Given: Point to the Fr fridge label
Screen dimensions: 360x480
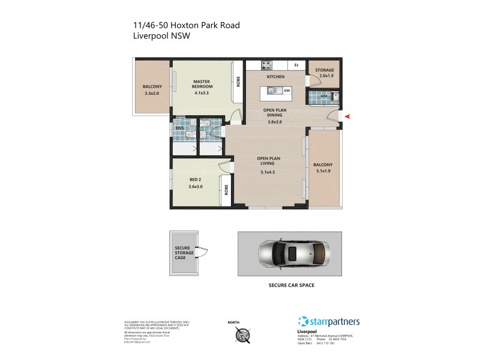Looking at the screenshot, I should pos(296,65).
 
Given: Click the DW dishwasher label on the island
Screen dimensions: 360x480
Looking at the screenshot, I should pos(287,91).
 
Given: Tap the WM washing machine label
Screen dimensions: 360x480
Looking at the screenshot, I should pos(324,95).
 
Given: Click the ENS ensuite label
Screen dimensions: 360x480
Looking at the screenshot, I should pos(179,128).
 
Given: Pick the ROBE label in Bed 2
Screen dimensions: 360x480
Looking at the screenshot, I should pos(226,190).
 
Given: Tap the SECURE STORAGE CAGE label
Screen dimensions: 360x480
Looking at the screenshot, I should pos(184,253).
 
